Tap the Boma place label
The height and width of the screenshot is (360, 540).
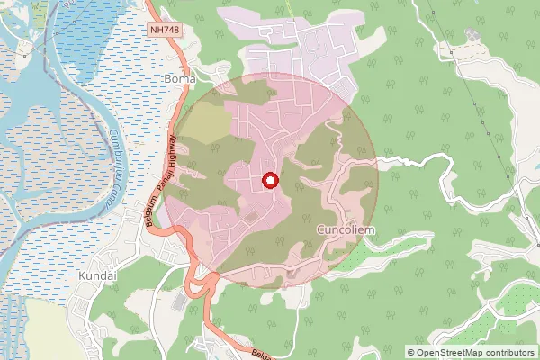click(176, 79)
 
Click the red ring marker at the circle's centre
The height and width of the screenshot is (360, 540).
click(269, 182)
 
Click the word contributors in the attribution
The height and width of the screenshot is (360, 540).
click(514, 352)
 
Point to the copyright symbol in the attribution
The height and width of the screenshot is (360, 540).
click(411, 352)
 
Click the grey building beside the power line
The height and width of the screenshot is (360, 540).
click(472, 36)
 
